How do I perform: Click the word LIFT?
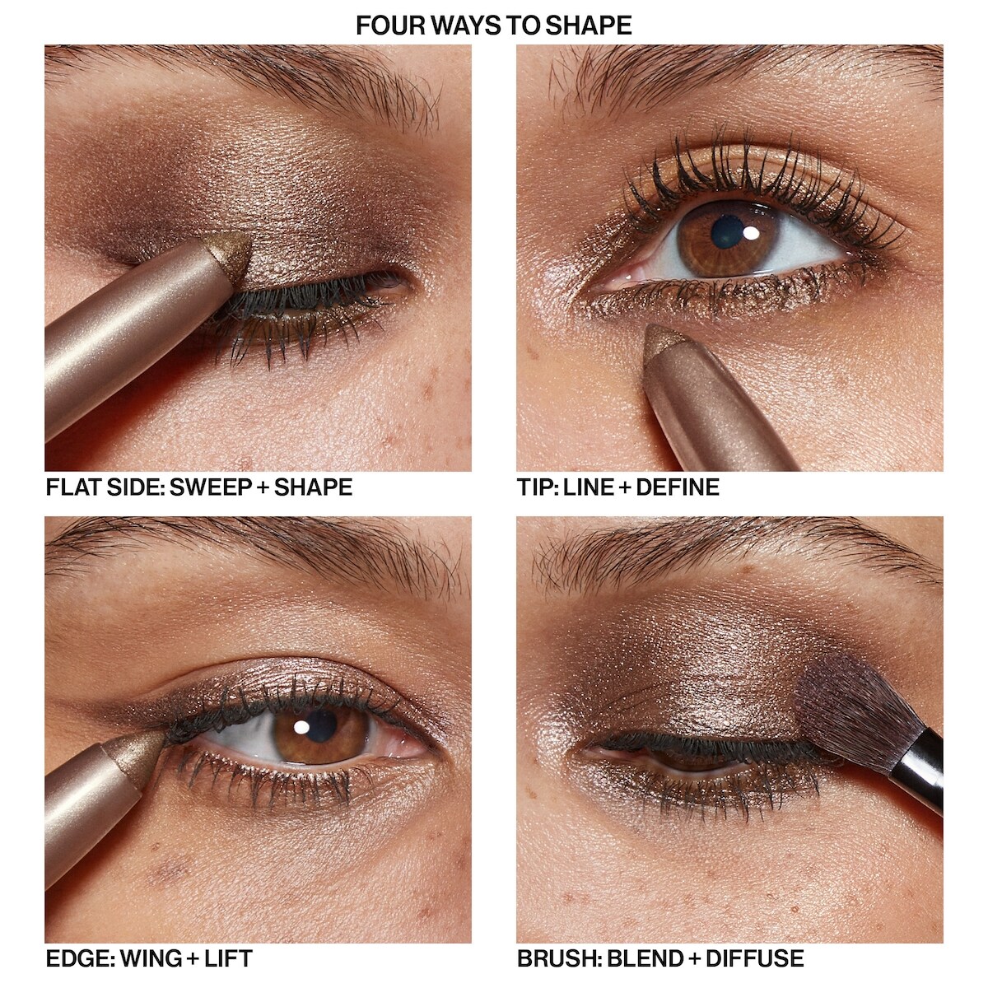tap(229, 958)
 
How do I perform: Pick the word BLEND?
tap(642, 958)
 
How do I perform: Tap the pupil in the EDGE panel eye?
tap(319, 725)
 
